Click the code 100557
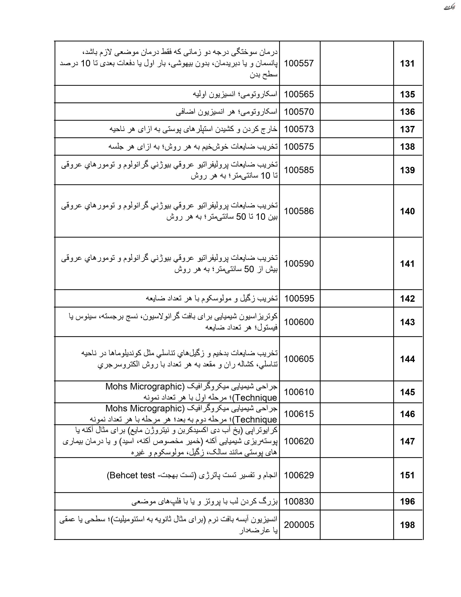tap(299, 63)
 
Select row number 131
tap(407, 64)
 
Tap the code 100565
tap(299, 94)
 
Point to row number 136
tap(407, 112)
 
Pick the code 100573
tap(299, 129)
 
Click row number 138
tap(407, 147)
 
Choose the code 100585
tap(299, 170)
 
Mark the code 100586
tap(299, 211)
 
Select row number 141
tap(407, 264)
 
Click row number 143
tap(407, 322)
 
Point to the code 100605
tap(299, 359)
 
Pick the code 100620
tap(299, 441)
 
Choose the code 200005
tap(299, 525)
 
